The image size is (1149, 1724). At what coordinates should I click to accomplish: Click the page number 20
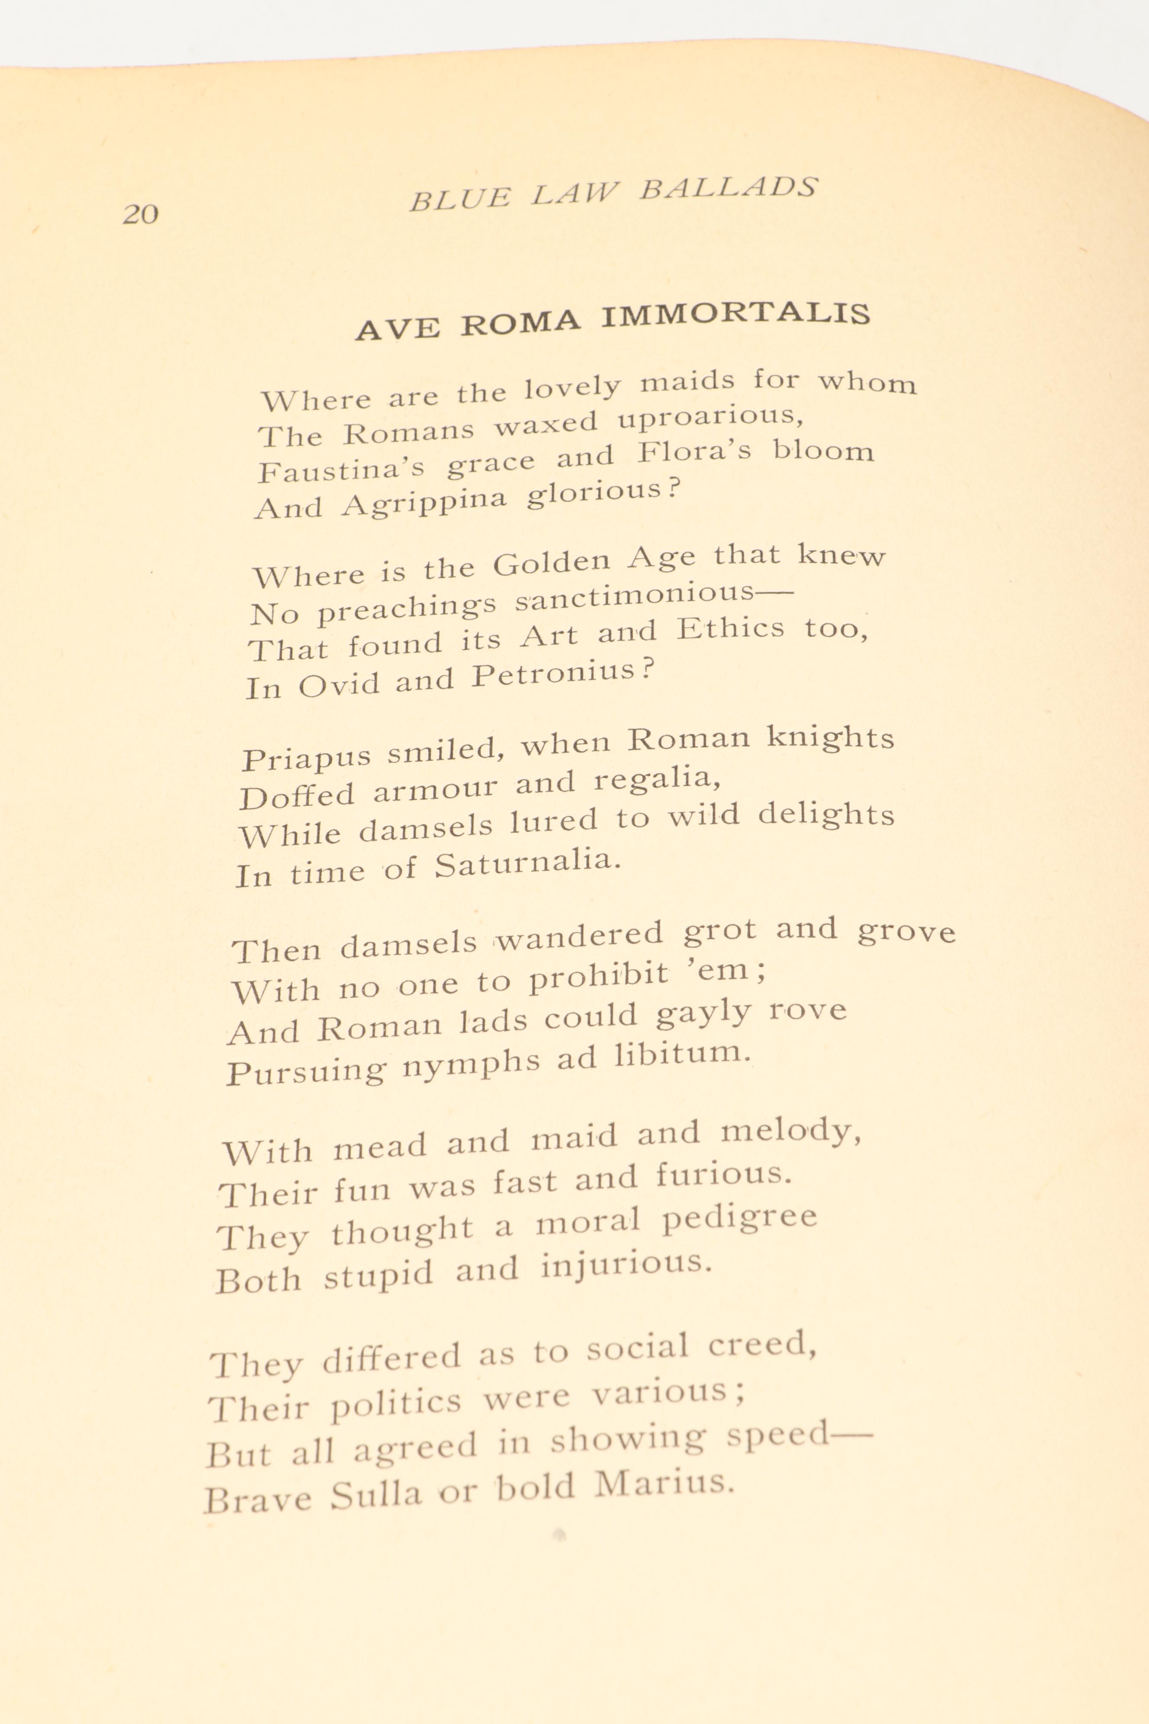pyautogui.click(x=140, y=214)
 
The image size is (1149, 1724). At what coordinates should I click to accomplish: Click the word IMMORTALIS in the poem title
pyautogui.click(x=736, y=315)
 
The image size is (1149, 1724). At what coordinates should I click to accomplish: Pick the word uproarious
pyautogui.click(x=709, y=418)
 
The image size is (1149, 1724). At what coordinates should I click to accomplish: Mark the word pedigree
pyautogui.click(x=738, y=1219)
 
